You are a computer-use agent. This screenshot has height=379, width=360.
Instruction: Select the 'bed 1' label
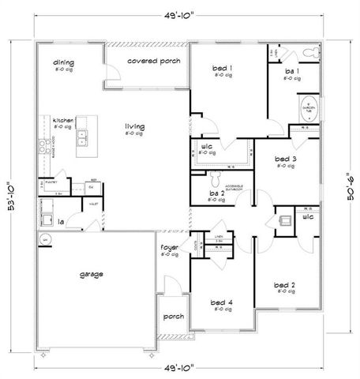[x=223, y=69]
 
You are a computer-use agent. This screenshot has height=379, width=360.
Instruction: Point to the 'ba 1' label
[x=292, y=72]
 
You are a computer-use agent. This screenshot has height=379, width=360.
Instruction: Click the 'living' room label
[x=133, y=126]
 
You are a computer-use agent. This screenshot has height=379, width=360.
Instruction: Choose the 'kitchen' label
[x=63, y=121]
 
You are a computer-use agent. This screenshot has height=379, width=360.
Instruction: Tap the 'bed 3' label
[x=285, y=159]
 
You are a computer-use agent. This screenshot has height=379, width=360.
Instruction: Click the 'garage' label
[x=92, y=275]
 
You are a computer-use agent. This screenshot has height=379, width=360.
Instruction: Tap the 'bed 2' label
[x=284, y=284]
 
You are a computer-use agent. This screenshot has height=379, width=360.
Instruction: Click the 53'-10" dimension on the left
[x=10, y=193]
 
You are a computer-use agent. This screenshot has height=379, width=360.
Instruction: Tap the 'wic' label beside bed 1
[x=207, y=146]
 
